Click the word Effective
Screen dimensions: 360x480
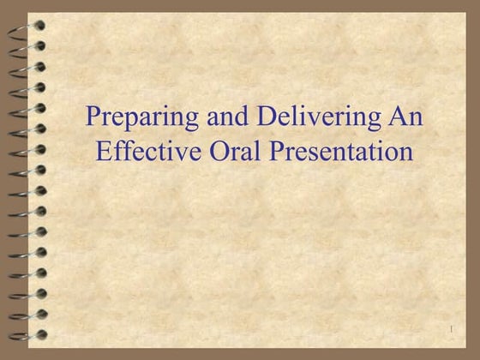(x=138, y=153)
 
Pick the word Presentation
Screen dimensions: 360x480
(x=333, y=153)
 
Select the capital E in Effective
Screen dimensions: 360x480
(x=104, y=153)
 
